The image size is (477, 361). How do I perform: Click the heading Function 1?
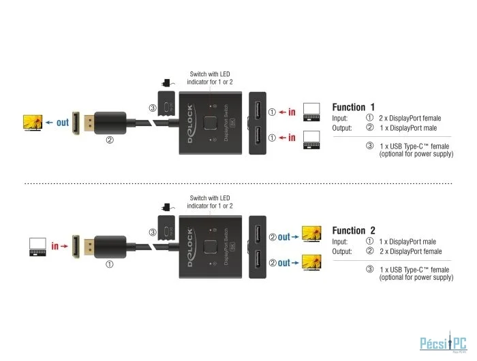353,107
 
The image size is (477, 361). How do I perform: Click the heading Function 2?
353,230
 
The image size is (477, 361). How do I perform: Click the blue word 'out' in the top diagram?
63,123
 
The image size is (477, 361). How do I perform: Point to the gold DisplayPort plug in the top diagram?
88,123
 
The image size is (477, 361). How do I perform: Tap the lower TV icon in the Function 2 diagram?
312,262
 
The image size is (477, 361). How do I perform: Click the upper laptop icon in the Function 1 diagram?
312,111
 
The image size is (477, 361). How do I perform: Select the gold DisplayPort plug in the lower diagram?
88,246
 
